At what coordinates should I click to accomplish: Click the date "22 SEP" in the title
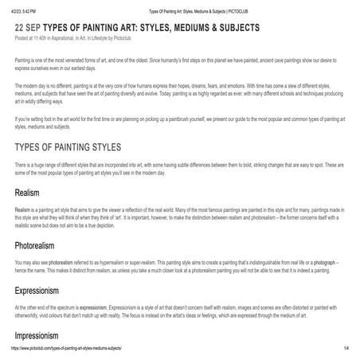[31, 28]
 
